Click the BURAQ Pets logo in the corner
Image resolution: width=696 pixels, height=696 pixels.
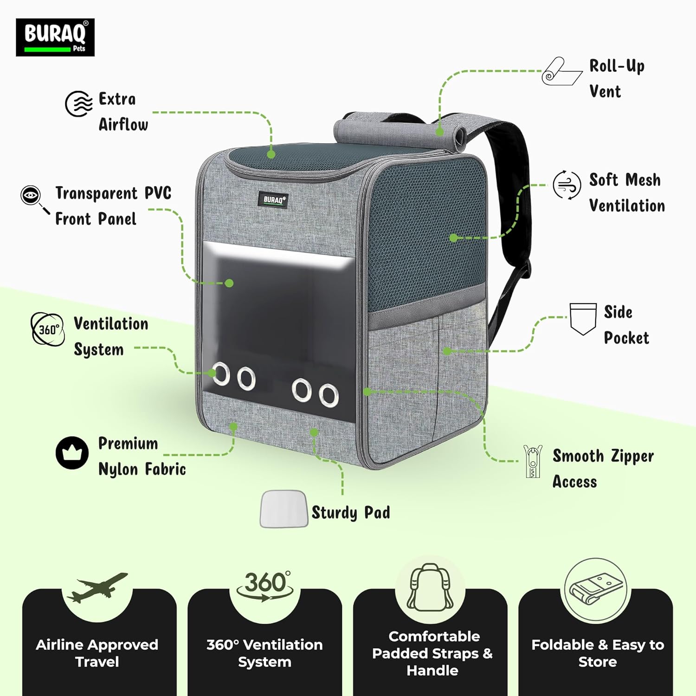(x=55, y=38)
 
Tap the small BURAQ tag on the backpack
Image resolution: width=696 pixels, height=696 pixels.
(x=273, y=200)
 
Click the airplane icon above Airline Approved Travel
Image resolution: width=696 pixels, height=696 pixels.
(x=97, y=587)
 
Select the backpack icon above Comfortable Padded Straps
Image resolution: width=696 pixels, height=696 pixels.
(x=430, y=587)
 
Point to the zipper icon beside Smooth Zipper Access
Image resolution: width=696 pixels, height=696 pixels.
(x=533, y=461)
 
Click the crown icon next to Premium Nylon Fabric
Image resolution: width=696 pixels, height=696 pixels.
(x=72, y=453)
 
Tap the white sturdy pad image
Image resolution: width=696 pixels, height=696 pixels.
(x=284, y=509)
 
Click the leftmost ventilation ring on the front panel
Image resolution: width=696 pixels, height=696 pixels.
(x=220, y=374)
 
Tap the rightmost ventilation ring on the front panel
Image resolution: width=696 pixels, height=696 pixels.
(x=329, y=396)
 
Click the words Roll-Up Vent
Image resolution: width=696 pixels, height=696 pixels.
(x=617, y=78)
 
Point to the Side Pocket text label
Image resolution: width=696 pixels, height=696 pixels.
(x=626, y=325)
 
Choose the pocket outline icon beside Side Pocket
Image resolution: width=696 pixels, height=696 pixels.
(x=583, y=319)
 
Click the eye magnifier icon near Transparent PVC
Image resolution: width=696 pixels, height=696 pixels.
(x=34, y=199)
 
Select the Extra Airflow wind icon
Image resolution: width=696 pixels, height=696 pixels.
(x=79, y=103)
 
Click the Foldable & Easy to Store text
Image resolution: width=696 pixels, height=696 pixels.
(x=598, y=653)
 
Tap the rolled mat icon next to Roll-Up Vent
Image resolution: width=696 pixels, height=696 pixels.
(x=562, y=71)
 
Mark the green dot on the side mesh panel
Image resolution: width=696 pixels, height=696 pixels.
(x=453, y=238)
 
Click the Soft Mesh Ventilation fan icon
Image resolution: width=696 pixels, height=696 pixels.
(x=567, y=185)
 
